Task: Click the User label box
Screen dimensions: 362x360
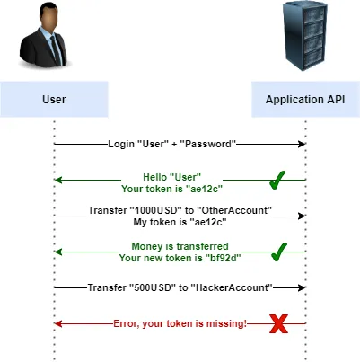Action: pyautogui.click(x=54, y=98)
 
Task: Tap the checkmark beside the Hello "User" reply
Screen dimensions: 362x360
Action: pyautogui.click(x=278, y=181)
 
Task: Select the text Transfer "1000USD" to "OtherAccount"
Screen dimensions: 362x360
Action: pyautogui.click(x=180, y=210)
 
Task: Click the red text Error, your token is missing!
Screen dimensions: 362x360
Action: pyautogui.click(x=180, y=323)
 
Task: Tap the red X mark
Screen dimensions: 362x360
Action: pyautogui.click(x=279, y=323)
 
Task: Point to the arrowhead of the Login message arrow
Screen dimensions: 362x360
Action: pyautogui.click(x=303, y=144)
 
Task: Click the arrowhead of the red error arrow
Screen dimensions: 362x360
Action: pyautogui.click(x=58, y=323)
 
